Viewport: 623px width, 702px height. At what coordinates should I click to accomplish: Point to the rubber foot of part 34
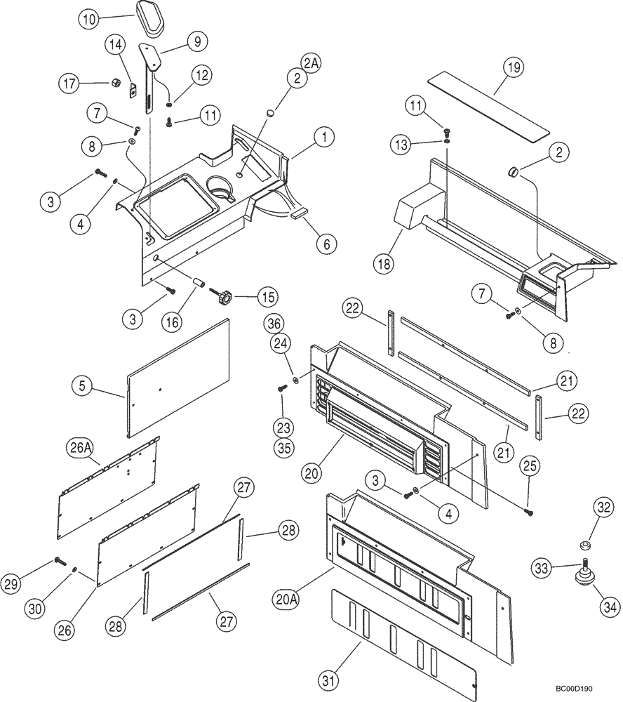coord(582,576)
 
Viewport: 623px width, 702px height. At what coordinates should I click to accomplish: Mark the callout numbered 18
coord(385,265)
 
